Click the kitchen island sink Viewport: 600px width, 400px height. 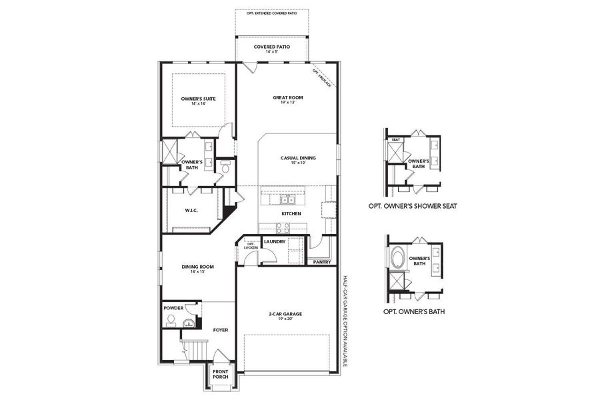coord(287,199)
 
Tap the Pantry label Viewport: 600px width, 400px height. coord(321,262)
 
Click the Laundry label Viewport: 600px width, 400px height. coord(275,241)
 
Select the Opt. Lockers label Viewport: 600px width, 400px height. coord(251,246)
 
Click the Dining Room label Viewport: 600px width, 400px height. coord(197,269)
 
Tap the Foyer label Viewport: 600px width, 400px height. coord(221,329)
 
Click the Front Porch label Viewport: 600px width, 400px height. coord(221,374)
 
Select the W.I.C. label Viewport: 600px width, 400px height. coord(191,211)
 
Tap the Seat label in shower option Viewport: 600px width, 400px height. coord(395,139)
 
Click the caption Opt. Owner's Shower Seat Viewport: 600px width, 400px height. coord(412,207)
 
